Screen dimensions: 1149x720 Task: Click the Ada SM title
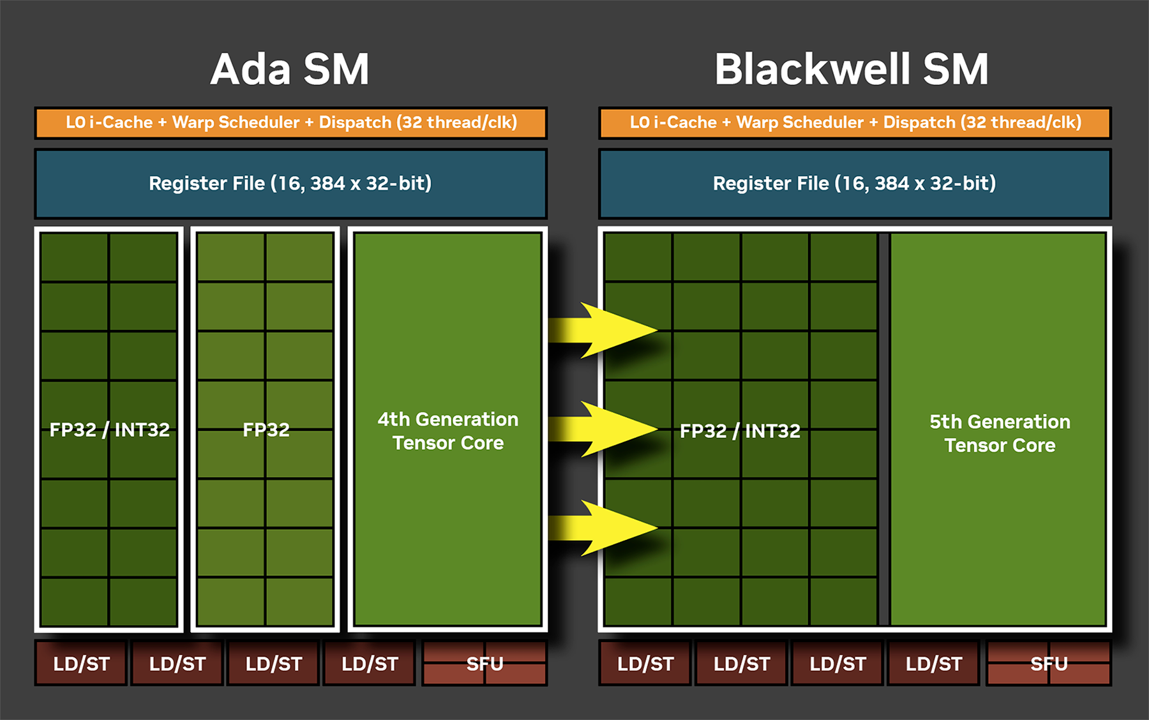point(290,69)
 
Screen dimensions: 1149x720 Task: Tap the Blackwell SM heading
point(852,69)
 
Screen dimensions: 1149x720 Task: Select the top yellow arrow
point(603,330)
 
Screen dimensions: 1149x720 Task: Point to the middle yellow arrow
point(603,429)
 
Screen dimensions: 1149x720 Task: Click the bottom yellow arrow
point(603,528)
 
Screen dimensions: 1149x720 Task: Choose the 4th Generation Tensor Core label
point(448,431)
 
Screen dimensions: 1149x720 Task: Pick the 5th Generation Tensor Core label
point(1000,433)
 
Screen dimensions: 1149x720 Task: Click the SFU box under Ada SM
point(484,663)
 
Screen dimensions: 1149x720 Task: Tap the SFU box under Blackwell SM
point(1049,663)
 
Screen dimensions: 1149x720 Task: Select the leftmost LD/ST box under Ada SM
point(81,663)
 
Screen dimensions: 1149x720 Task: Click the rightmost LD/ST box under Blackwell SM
point(933,663)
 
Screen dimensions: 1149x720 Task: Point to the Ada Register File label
point(290,184)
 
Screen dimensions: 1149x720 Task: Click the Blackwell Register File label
point(855,184)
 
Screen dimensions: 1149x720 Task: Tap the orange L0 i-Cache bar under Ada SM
point(291,123)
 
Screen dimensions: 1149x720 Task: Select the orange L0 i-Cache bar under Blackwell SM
point(855,123)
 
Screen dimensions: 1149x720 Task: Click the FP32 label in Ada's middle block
point(266,430)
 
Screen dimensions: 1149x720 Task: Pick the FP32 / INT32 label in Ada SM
point(110,430)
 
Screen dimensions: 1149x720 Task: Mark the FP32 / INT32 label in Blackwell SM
point(740,431)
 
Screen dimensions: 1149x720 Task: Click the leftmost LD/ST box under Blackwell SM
point(645,663)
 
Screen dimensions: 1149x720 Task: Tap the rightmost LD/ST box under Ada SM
point(370,663)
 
